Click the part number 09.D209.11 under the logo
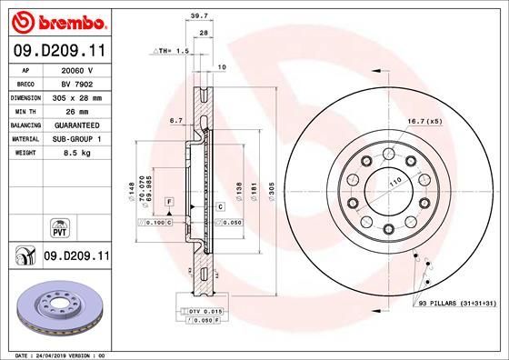(58, 51)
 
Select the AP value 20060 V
(77, 69)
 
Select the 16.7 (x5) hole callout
(424, 120)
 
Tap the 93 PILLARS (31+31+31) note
(456, 302)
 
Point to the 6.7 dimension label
(176, 119)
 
